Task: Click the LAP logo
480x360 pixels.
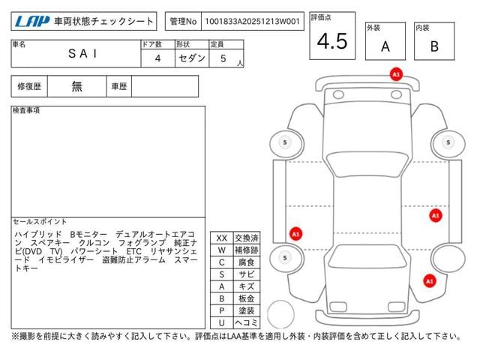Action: tap(32, 21)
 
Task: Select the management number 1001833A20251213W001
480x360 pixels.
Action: tap(252, 21)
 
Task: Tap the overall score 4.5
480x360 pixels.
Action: tap(332, 41)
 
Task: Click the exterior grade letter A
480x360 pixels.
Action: tap(385, 46)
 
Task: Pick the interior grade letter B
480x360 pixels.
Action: tap(434, 46)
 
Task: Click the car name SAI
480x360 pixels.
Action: tap(82, 53)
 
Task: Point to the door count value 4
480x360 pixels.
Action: tap(157, 58)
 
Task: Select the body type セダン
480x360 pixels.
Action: tap(192, 58)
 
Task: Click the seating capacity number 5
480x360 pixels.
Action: tap(223, 58)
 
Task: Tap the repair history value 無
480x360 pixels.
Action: tap(76, 86)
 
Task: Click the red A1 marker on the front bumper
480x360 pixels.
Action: tap(396, 74)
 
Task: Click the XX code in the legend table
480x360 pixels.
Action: tap(222, 238)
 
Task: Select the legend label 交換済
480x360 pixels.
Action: tap(247, 238)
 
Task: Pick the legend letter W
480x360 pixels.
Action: tap(222, 250)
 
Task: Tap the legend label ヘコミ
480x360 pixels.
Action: tap(247, 322)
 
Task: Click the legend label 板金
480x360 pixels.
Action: tap(247, 298)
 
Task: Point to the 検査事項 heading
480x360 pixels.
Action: tap(26, 110)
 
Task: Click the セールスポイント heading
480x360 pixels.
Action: tap(40, 221)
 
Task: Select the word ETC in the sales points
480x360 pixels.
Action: tap(134, 251)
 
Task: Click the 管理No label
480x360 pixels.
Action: tap(183, 21)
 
